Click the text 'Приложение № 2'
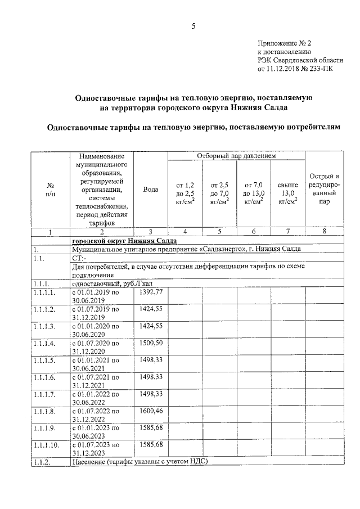[284, 43]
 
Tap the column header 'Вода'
[150, 190]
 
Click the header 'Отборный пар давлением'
[236, 155]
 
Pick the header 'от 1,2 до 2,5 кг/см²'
[185, 193]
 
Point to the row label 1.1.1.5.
[44, 360]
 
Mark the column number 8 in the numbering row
[322, 231]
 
